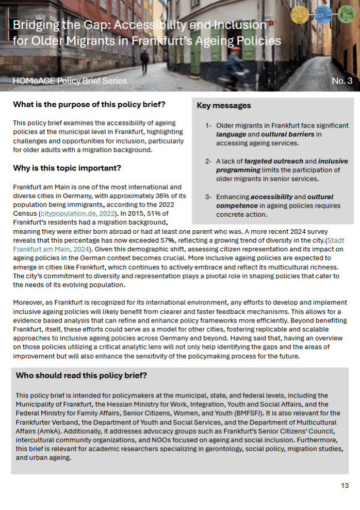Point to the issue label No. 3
[342, 81]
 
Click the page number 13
[345, 486]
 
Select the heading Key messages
[224, 106]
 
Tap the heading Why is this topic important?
[67, 168]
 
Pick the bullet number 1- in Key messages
[208, 125]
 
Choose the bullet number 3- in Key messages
[208, 197]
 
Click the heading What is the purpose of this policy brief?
[89, 105]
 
